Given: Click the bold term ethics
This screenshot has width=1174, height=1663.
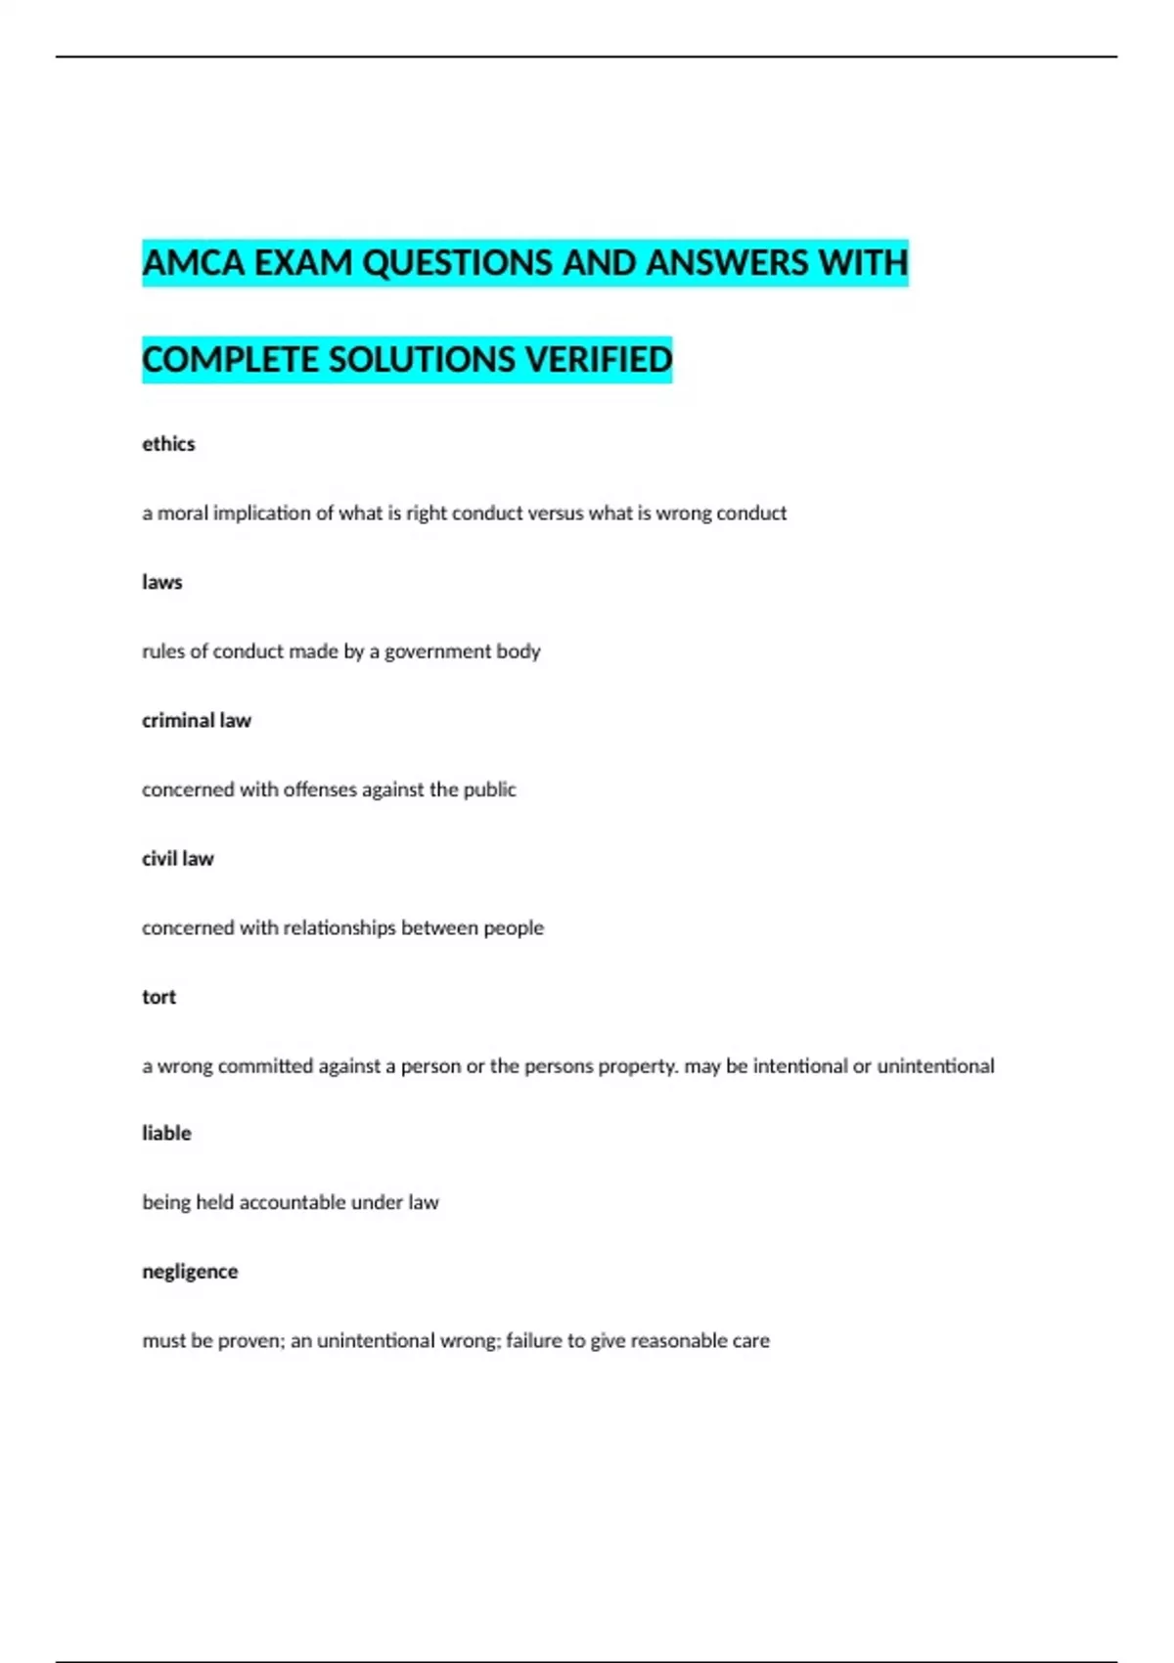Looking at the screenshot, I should click(168, 444).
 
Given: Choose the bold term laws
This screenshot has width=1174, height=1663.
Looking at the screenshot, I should click(162, 582).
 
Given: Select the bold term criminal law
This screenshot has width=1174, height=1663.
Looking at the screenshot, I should click(197, 721).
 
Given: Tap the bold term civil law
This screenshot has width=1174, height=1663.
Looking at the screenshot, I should click(178, 859).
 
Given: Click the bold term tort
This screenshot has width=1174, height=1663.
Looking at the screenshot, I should click(159, 997).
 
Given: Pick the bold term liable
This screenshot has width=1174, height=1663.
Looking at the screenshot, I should click(166, 1134).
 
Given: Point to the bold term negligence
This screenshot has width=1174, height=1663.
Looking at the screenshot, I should click(190, 1272).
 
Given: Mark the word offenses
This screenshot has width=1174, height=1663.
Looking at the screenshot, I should click(320, 789).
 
